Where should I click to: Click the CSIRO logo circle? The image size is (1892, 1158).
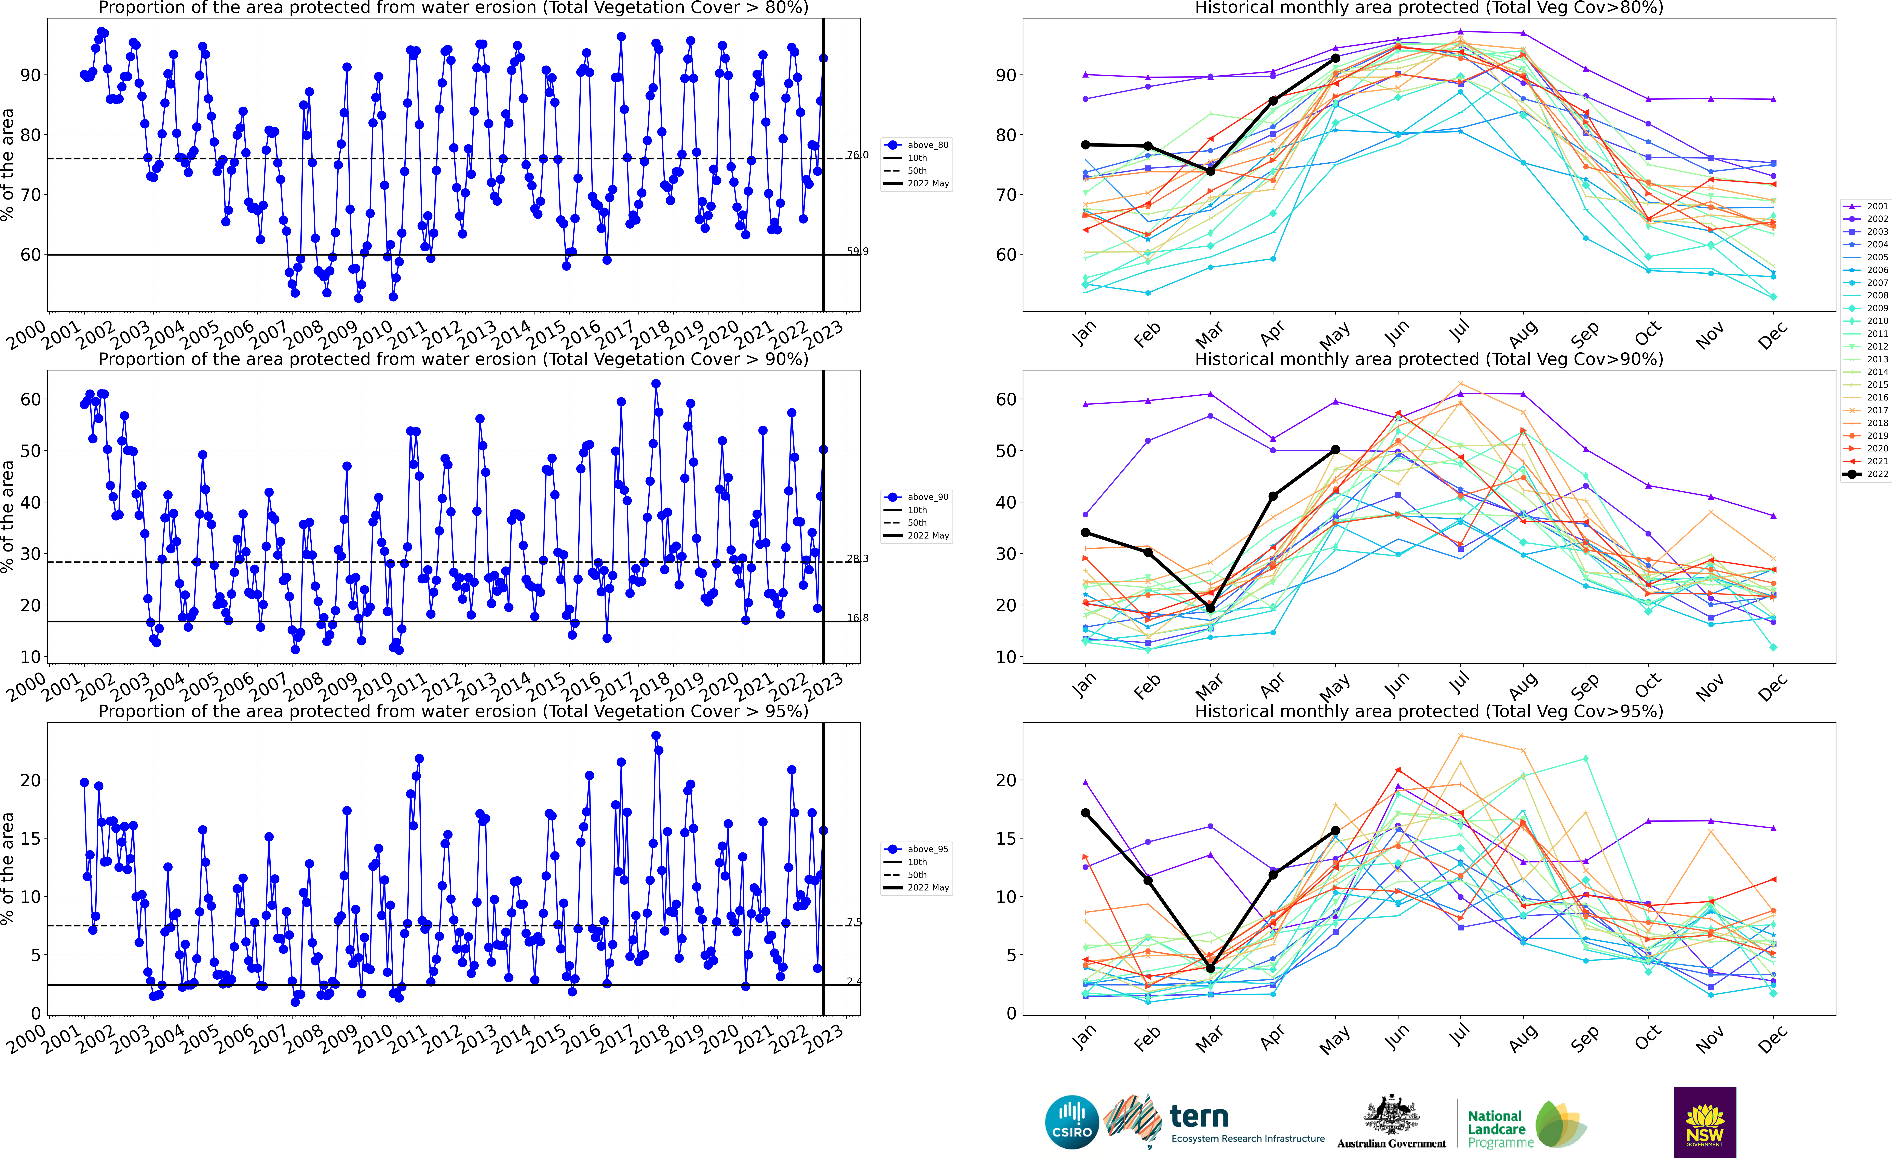pyautogui.click(x=1072, y=1122)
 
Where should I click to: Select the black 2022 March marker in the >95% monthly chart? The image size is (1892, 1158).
pyautogui.click(x=1211, y=968)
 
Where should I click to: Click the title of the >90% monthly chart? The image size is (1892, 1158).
pyautogui.click(x=1429, y=359)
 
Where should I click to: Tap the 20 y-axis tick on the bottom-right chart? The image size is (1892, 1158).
pyautogui.click(x=1006, y=780)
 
